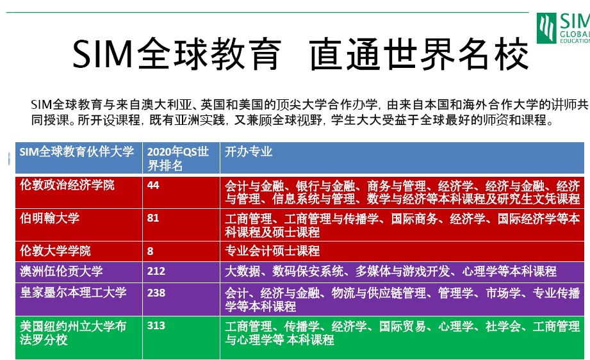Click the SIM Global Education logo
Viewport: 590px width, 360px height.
click(x=563, y=28)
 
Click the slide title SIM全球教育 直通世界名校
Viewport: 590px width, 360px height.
click(x=300, y=54)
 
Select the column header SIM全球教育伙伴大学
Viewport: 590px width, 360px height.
click(x=77, y=152)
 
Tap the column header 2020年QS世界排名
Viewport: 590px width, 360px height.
click(x=178, y=158)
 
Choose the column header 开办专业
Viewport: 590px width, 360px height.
click(x=249, y=152)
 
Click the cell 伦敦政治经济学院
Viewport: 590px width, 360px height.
click(x=67, y=185)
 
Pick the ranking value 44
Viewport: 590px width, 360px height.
click(x=153, y=185)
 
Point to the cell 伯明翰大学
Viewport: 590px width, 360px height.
click(x=50, y=218)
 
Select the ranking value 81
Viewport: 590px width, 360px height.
click(x=153, y=218)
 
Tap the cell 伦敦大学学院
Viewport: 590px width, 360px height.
click(x=55, y=251)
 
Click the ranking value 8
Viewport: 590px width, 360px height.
click(x=150, y=251)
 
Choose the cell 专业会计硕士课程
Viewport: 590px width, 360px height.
click(x=272, y=251)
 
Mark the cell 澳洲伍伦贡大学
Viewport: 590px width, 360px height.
click(x=61, y=271)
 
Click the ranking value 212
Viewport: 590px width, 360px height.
click(x=156, y=271)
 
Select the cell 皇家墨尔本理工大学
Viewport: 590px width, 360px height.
click(x=73, y=293)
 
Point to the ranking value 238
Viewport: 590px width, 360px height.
click(x=156, y=293)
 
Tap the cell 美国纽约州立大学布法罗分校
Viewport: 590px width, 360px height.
click(x=73, y=333)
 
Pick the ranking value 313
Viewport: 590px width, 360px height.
click(x=156, y=325)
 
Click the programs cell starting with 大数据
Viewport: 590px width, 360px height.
click(x=391, y=271)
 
